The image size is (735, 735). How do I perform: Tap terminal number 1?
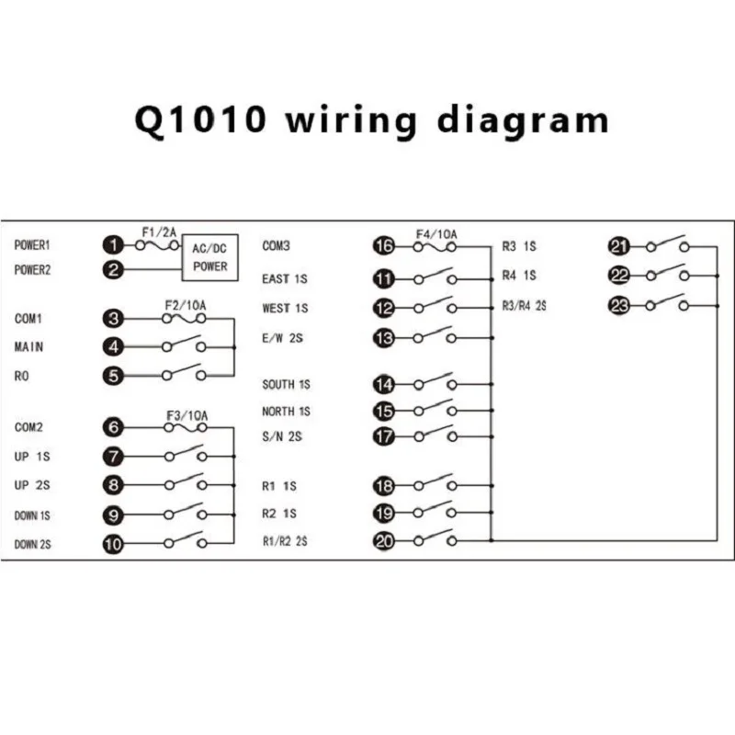113,245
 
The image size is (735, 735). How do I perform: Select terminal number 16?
384,245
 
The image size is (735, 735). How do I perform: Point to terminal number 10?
113,544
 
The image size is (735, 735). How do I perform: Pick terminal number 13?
384,339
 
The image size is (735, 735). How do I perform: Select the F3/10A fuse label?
186,415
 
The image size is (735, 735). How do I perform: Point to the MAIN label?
29,347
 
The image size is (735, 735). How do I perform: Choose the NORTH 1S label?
286,412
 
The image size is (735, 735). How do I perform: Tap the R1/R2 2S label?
285,542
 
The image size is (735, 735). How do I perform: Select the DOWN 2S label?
32,545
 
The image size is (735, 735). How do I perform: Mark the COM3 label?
277,245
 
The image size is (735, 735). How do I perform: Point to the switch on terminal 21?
667,244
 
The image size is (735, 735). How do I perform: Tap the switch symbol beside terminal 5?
184,374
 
